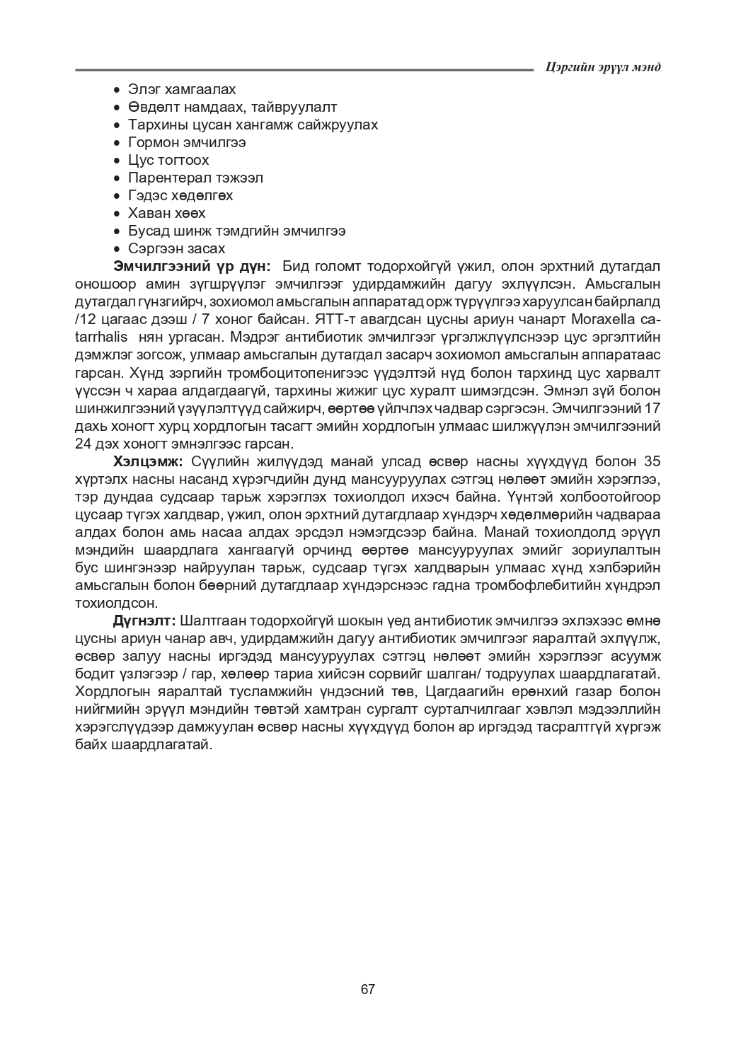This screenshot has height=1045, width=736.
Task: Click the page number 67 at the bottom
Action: point(367,989)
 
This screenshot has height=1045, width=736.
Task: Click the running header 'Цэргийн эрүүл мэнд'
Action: point(604,67)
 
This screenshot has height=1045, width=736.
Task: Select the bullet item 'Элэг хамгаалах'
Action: point(182,89)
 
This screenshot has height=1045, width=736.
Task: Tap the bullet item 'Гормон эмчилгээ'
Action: point(187,142)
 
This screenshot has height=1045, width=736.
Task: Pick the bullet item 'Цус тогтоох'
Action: point(168,160)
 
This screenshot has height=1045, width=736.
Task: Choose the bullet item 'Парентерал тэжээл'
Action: point(195,178)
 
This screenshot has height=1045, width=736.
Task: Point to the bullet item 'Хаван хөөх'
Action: point(167,213)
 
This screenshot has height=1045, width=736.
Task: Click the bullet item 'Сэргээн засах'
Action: point(177,248)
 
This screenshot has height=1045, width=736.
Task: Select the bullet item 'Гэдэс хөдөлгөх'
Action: point(180,195)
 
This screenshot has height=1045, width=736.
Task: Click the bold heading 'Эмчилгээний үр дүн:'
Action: point(192,267)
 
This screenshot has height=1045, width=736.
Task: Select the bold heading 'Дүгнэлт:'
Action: point(144,621)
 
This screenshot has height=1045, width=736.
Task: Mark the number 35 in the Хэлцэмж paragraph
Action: point(652,462)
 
